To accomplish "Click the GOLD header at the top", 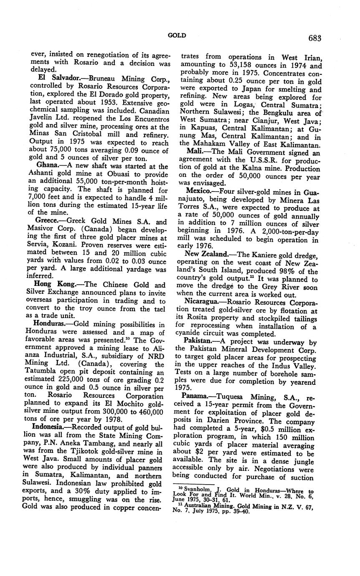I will click(177, 36).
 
